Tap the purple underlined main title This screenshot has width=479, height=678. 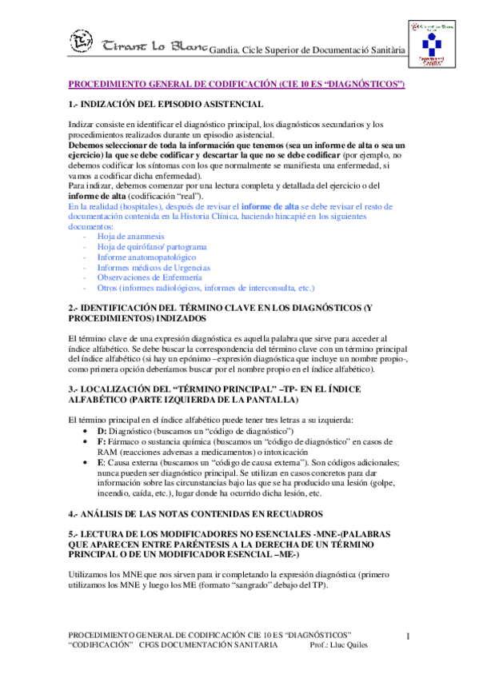coord(237,84)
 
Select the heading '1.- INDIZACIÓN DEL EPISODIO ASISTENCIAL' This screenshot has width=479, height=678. coord(167,105)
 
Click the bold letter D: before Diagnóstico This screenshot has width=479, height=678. coord(102,432)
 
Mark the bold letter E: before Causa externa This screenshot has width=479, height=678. coord(101,463)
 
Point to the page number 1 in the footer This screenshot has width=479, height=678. coord(409,636)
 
